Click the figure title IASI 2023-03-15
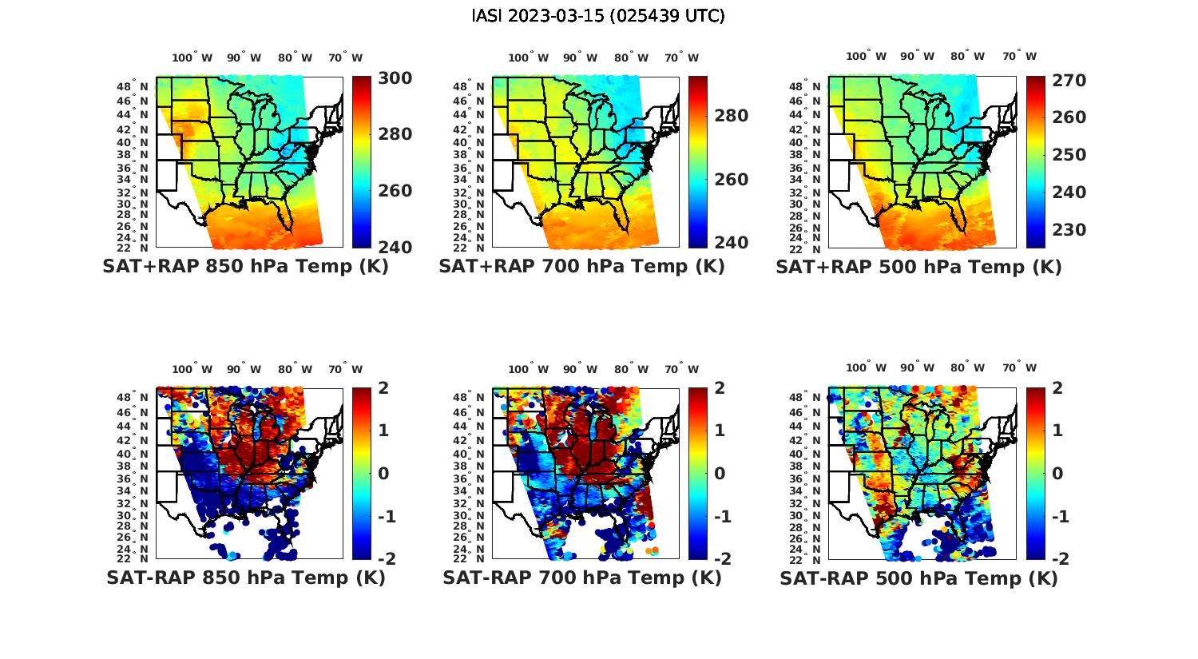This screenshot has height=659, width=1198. (x=598, y=16)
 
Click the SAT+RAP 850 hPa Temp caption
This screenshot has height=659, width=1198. (x=245, y=267)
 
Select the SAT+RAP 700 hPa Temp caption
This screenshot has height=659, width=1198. (x=581, y=267)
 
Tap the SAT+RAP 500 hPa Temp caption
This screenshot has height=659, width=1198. (x=918, y=267)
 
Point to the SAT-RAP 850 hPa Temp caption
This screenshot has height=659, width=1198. (x=245, y=578)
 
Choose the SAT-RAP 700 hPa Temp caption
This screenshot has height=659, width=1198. (x=581, y=578)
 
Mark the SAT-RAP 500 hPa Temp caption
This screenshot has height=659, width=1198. (x=918, y=578)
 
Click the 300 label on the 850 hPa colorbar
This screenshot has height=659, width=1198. (x=395, y=78)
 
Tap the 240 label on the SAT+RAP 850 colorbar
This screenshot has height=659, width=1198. (x=395, y=247)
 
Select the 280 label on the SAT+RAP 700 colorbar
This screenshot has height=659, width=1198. (x=731, y=116)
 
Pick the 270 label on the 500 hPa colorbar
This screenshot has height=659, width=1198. (x=1069, y=81)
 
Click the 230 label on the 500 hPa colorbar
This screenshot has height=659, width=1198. (x=1069, y=230)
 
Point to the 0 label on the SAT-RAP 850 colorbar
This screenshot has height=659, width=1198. (x=383, y=473)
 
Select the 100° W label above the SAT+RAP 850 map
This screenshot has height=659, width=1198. (x=192, y=58)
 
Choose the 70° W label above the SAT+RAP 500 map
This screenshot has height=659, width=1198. (x=1019, y=56)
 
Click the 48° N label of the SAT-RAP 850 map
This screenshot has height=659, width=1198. (x=133, y=397)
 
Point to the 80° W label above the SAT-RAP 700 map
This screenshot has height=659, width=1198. (x=630, y=369)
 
